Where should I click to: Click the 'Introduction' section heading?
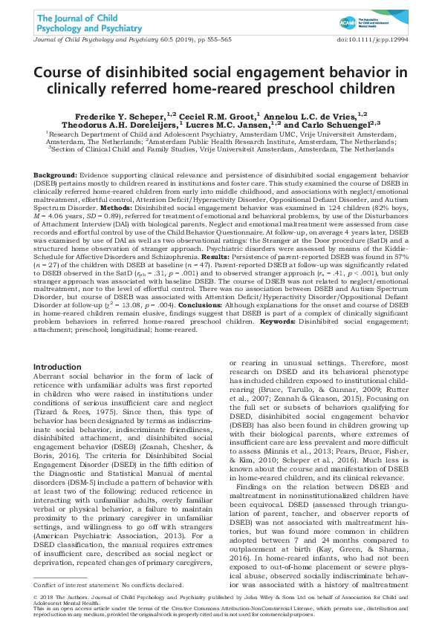click(59, 367)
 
